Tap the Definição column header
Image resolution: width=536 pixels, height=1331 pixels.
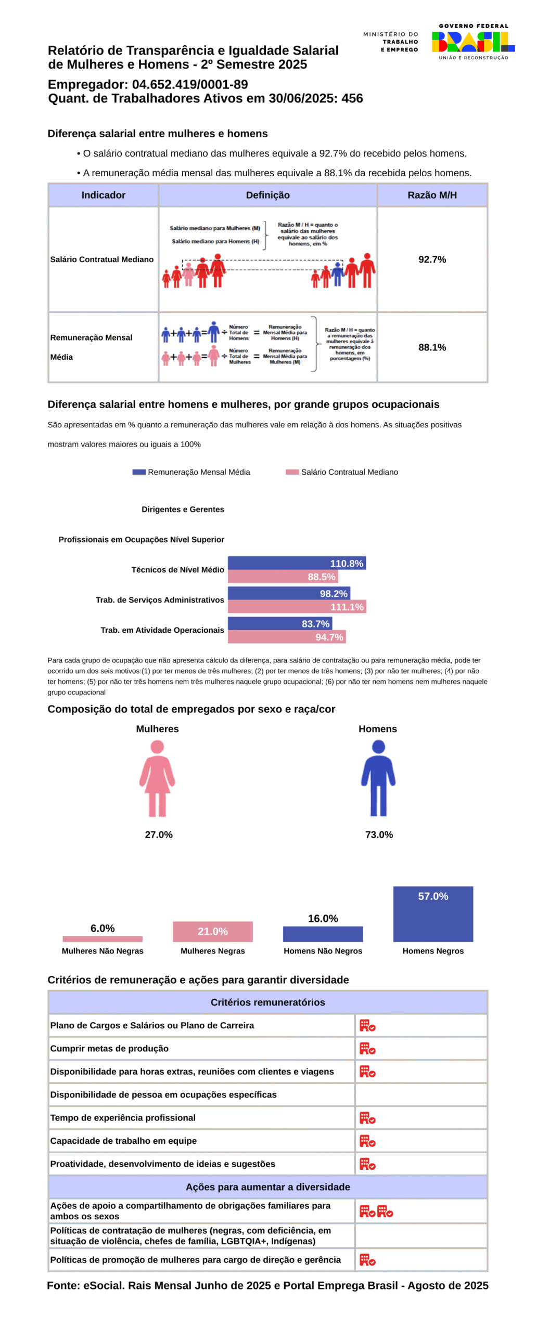pos(267,194)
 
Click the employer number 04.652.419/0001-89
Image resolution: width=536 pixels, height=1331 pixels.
pos(189,84)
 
